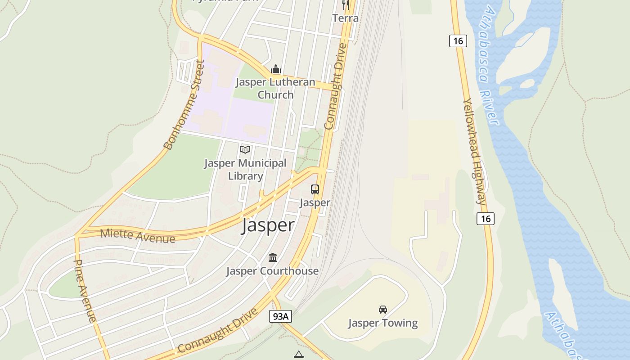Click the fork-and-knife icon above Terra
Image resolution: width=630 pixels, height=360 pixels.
[x=346, y=5]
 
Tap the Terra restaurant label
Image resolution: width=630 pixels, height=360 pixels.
[x=346, y=18]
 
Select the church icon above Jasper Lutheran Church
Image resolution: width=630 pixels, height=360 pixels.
[x=276, y=69]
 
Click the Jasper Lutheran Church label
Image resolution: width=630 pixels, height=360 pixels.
[x=275, y=89]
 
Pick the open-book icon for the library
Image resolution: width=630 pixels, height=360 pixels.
[x=245, y=149]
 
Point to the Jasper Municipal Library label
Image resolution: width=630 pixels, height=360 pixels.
[x=245, y=170]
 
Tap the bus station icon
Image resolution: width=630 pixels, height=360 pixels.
[x=315, y=189]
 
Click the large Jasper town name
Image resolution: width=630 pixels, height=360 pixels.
[x=268, y=225]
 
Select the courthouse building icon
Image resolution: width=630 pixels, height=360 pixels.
[x=273, y=258]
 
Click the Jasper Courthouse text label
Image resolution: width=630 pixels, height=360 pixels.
[x=272, y=271]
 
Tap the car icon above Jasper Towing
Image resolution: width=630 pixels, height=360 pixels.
[x=383, y=310]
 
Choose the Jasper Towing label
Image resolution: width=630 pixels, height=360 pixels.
[x=383, y=323]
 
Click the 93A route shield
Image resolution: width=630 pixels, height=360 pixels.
[x=281, y=316]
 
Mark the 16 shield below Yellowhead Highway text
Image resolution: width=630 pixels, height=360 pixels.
[x=485, y=219]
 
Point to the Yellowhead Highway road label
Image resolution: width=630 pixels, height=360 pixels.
[x=475, y=152]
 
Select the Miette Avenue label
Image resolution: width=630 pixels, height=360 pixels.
[x=137, y=235]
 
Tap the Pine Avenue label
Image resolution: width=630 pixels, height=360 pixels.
[x=85, y=291]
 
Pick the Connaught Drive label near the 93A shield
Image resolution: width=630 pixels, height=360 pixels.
[x=218, y=331]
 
